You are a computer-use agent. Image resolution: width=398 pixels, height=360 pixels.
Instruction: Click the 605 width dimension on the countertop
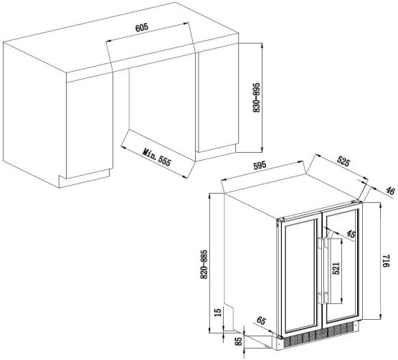tap(141, 27)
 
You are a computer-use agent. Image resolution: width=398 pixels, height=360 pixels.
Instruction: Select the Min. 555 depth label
tap(157, 157)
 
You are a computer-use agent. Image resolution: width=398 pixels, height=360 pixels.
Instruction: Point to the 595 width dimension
tap(260, 165)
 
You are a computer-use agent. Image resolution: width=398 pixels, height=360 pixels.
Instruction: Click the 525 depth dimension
tap(343, 161)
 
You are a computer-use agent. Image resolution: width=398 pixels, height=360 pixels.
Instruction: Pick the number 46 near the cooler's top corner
tap(390, 190)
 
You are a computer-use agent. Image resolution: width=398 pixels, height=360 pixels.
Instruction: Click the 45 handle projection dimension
tap(351, 234)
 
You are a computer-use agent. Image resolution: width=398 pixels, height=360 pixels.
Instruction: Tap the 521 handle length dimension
tap(336, 268)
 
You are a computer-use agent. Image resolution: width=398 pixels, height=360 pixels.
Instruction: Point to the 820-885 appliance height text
tap(204, 265)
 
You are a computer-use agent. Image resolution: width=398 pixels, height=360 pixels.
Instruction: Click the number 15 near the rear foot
tap(218, 312)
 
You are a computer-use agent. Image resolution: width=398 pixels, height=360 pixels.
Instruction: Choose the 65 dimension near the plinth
tap(261, 321)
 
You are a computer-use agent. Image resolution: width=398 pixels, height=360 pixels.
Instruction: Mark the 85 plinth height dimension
tap(239, 341)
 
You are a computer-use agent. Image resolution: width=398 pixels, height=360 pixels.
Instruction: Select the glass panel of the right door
tap(342, 266)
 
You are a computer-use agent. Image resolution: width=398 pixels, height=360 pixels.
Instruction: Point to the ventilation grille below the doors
tap(321, 334)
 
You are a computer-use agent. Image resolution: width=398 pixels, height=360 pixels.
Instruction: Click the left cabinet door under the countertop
tap(90, 125)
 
